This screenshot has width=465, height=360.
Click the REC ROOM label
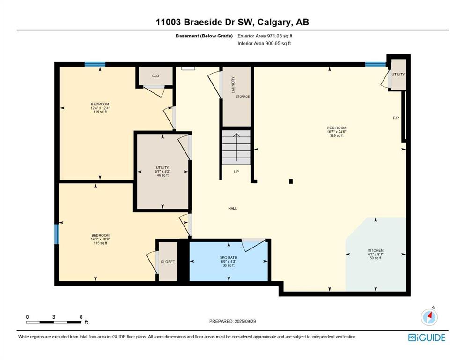[337, 128]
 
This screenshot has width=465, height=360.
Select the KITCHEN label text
[376, 250]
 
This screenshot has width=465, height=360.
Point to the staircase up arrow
[236, 147]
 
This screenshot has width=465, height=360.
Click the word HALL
[232, 208]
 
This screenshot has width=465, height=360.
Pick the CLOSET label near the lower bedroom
[168, 262]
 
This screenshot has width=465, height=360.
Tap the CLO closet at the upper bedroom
[155, 76]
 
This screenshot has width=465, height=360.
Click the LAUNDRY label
[233, 85]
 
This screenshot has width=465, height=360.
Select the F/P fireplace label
[396, 118]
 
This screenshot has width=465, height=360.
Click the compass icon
[429, 317]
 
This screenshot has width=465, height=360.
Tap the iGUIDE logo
[427, 338]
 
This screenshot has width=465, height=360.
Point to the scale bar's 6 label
[81, 317]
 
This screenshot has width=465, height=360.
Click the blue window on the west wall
[56, 234]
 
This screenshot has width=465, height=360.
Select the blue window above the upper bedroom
[95, 64]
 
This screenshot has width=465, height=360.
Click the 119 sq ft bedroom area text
[100, 112]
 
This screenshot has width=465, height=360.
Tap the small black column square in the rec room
[291, 181]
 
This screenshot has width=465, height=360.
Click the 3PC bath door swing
[253, 245]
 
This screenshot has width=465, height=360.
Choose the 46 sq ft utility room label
[162, 175]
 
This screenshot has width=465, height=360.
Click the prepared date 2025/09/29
[245, 321]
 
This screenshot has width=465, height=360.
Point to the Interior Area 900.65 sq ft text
[264, 43]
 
